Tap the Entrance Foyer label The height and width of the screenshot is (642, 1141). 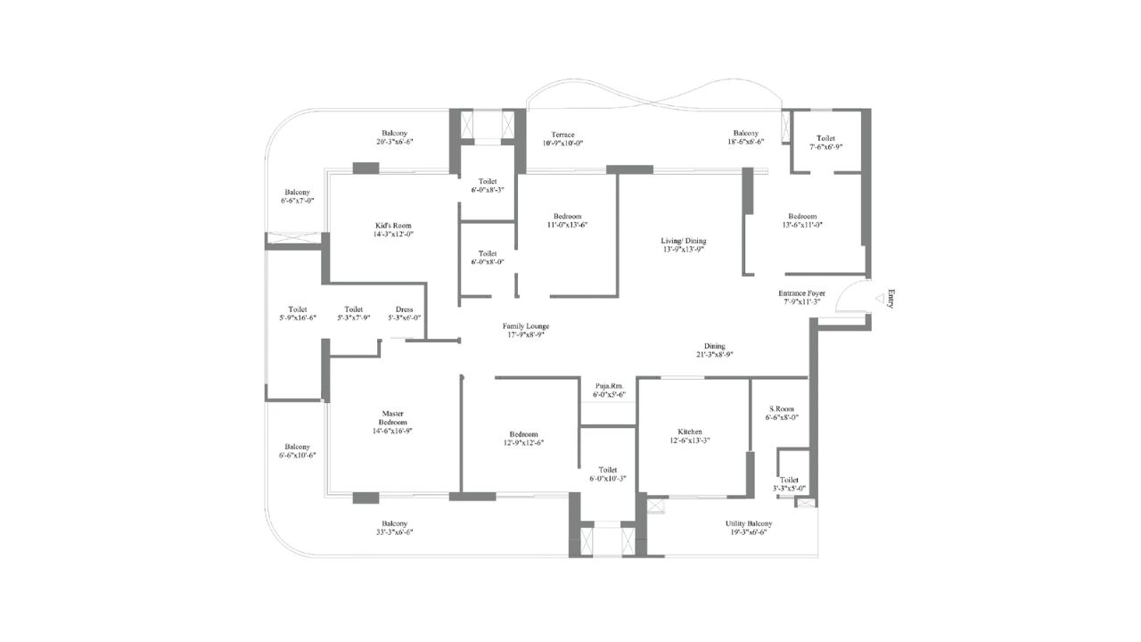tap(802, 292)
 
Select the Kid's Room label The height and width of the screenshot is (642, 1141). tap(393, 225)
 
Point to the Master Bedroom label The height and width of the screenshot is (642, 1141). tap(394, 419)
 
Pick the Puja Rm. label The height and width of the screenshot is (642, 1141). tap(610, 384)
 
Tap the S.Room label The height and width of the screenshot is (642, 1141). tap(781, 407)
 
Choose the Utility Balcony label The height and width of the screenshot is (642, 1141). tap(749, 523)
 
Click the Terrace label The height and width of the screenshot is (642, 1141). tap(562, 134)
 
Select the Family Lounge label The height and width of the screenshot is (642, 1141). tap(525, 326)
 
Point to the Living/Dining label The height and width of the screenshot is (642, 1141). tap(684, 241)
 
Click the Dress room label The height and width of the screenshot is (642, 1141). tap(404, 309)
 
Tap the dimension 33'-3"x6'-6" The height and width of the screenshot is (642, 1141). tap(395, 532)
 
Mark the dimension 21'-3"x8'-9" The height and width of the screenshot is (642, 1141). tap(714, 355)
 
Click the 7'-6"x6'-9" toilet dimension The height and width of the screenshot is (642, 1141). tap(825, 147)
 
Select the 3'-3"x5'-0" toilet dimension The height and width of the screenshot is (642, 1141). tap(790, 488)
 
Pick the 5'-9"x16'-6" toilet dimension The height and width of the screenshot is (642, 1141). tap(297, 318)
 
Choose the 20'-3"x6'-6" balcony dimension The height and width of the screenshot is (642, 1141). tap(395, 142)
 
